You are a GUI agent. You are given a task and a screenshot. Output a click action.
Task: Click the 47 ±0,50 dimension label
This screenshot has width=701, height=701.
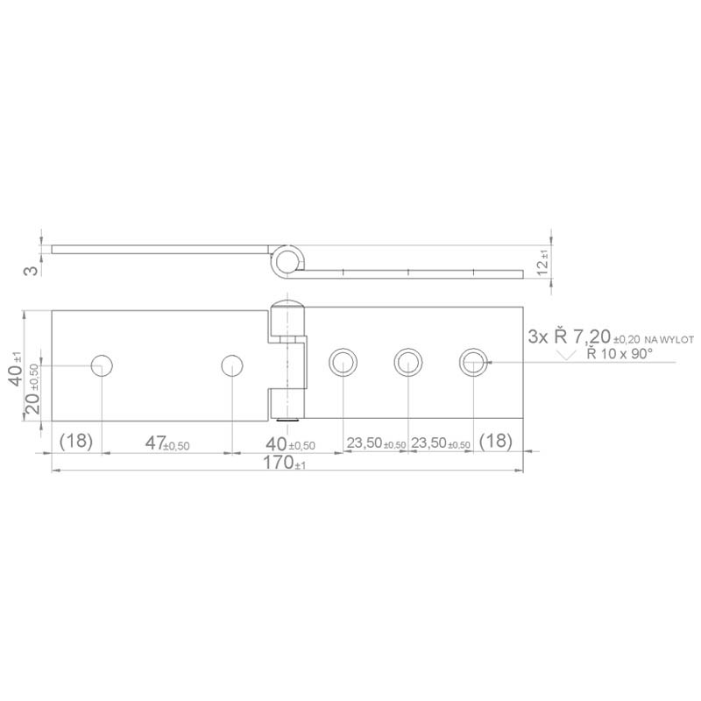tap(166, 443)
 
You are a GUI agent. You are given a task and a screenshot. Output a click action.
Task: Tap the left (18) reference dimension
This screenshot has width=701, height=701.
tap(76, 442)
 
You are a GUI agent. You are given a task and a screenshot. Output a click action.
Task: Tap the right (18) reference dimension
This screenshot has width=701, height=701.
tap(497, 442)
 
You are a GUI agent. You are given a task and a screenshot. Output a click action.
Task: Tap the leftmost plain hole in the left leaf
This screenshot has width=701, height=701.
tap(103, 364)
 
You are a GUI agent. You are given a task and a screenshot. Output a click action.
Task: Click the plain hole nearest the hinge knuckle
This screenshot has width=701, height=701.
tap(231, 364)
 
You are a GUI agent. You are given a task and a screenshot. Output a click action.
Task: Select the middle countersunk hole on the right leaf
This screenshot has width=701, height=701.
tap(407, 361)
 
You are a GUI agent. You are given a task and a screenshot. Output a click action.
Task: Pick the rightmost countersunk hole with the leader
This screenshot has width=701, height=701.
tap(472, 361)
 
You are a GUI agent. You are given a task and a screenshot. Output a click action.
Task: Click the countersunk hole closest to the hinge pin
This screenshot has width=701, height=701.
tap(342, 361)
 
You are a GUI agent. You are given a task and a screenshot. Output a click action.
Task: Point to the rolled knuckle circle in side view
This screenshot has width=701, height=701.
tap(287, 258)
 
